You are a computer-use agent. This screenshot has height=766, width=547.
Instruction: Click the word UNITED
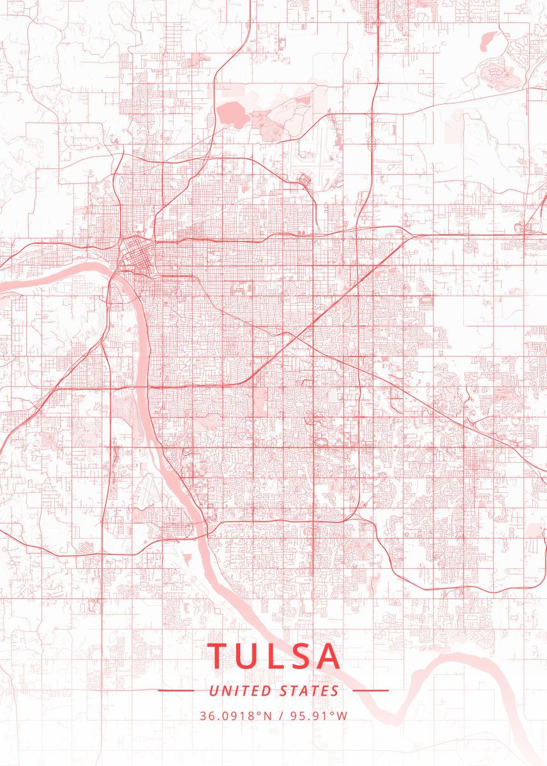coord(241,691)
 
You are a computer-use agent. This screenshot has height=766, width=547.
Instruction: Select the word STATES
coord(310,691)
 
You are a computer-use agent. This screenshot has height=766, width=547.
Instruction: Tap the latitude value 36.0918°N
coord(236,716)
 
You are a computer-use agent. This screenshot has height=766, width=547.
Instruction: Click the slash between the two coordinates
coord(281,716)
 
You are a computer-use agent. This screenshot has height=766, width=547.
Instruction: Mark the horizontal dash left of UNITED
coord(176,691)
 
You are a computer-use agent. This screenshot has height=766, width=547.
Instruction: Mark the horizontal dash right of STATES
coord(370,691)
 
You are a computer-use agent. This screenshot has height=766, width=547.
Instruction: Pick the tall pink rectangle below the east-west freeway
coord(260,401)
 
